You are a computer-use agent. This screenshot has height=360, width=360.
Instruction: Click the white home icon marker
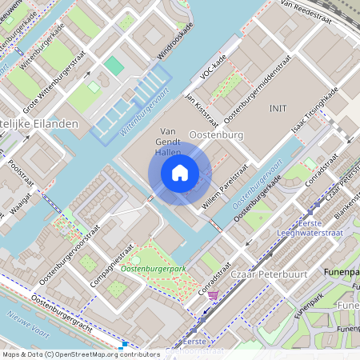[x=180, y=173]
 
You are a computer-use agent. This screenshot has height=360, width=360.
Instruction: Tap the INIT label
[x=278, y=108]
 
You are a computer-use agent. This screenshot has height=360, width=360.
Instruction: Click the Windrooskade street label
[x=175, y=43]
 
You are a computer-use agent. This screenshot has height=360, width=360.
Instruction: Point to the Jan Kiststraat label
[x=201, y=110]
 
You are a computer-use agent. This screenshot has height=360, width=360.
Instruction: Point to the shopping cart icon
[x=212, y=295]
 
